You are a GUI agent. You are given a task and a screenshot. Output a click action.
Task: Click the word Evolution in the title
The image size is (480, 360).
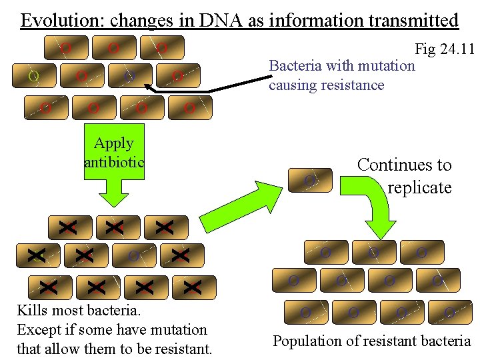point(60,20)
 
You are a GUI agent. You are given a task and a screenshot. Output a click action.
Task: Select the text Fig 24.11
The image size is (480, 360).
point(444,49)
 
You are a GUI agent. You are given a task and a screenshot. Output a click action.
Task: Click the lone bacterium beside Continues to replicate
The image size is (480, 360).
point(309,180)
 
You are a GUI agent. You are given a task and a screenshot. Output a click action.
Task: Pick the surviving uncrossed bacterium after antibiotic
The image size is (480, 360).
point(133,256)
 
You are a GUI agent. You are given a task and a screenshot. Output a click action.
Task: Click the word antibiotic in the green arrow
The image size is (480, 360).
point(114,162)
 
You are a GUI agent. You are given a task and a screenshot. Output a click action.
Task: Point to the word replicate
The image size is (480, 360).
point(419,188)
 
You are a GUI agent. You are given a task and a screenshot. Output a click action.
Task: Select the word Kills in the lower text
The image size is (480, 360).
point(32,311)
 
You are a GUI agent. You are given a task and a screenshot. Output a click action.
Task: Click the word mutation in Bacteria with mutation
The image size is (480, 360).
point(386,66)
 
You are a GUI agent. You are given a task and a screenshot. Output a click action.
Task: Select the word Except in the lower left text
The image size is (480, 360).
point(37,329)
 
